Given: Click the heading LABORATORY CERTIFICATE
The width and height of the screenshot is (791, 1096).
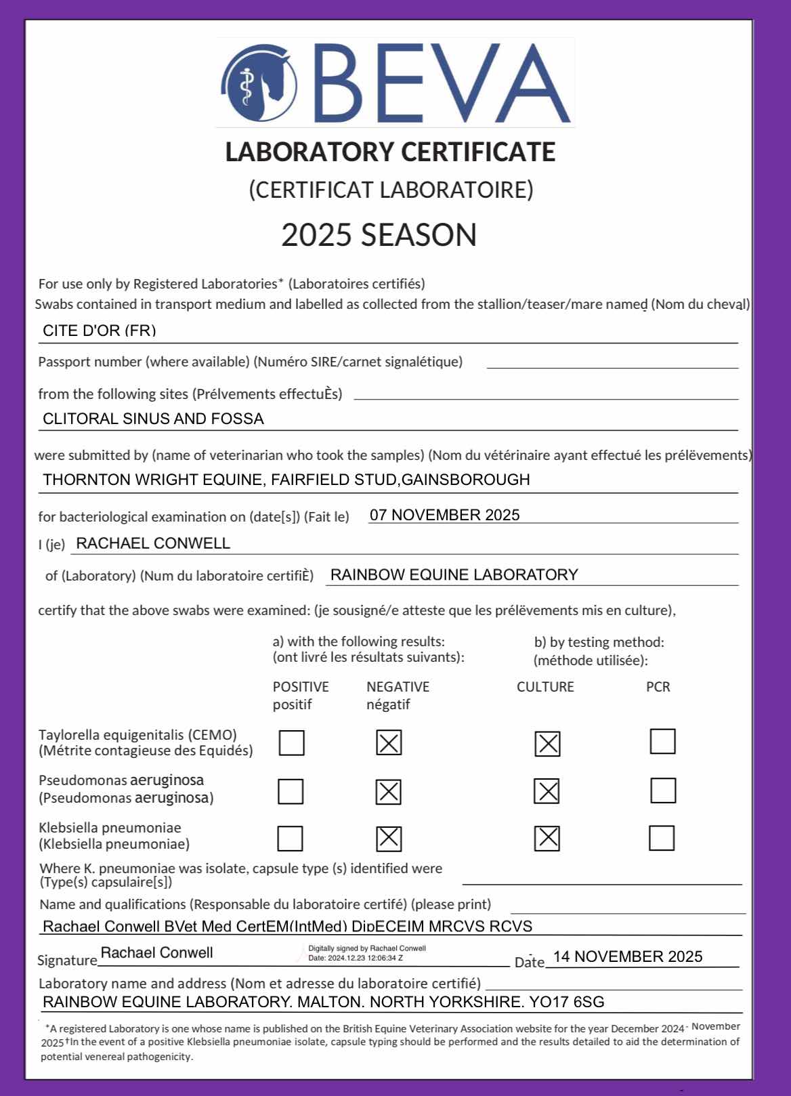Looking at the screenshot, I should (390, 152).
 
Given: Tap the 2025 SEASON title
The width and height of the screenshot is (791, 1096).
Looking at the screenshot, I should (379, 235).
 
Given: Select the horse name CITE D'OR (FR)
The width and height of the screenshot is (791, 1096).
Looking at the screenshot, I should (100, 331).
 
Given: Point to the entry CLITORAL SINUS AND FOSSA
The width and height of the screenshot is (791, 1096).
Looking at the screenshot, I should (153, 419).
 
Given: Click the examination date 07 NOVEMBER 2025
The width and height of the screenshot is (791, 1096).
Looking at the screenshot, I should (445, 515).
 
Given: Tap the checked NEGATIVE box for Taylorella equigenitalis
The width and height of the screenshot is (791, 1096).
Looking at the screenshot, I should (389, 743).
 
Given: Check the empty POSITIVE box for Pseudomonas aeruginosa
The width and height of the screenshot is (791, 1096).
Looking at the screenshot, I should (291, 791).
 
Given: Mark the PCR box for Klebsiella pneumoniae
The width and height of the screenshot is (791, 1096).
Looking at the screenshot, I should (662, 838).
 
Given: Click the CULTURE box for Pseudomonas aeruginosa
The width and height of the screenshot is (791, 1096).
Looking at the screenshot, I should (547, 791).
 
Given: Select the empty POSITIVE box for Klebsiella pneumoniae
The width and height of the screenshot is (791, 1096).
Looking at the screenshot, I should (290, 839).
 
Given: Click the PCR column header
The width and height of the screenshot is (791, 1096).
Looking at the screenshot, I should (658, 687).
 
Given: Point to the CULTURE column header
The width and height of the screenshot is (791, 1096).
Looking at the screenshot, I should (545, 687).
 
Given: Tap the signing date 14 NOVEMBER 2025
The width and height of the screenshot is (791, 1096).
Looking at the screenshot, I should (628, 956).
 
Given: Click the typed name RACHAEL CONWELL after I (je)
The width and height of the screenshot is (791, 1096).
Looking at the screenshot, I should (153, 543).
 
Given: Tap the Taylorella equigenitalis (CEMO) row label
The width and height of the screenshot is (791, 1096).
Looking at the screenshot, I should (138, 735).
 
